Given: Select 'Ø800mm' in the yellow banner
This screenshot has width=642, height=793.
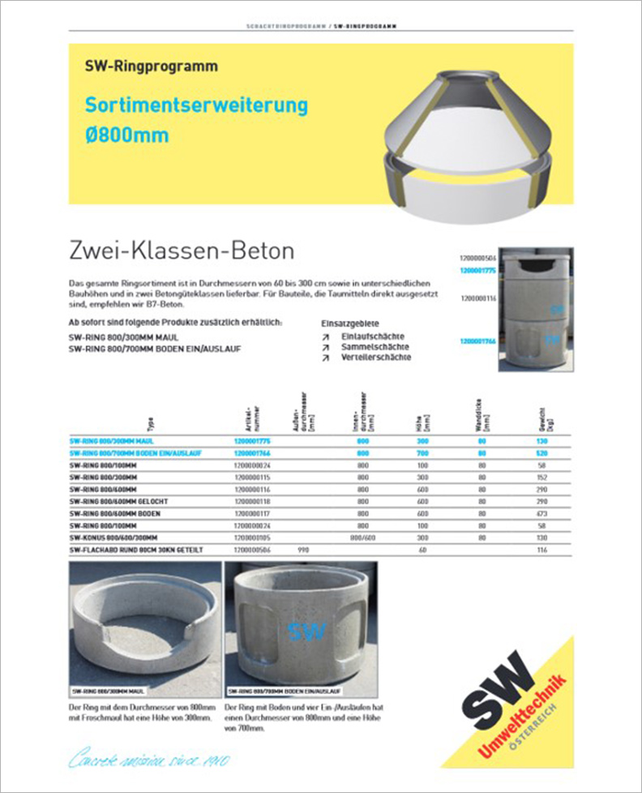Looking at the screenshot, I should (x=127, y=134).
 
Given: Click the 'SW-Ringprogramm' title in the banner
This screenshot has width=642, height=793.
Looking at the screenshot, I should (x=151, y=67).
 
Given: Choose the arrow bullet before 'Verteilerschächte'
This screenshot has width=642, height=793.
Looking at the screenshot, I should (x=325, y=358).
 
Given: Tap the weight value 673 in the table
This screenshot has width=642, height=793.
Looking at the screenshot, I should (x=531, y=514).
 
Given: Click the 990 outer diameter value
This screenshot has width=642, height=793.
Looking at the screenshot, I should (x=303, y=551).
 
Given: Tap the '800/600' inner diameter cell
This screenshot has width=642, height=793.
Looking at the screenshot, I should (x=361, y=538).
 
